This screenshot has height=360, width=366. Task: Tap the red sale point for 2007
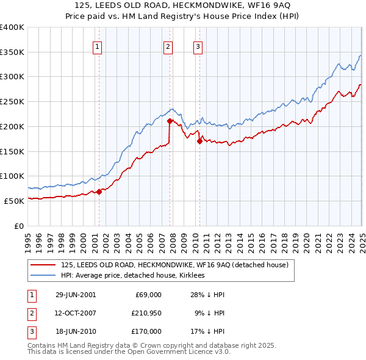click(x=170, y=121)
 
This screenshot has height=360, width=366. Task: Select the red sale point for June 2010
click(x=199, y=141)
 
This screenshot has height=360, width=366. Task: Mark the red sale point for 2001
click(x=99, y=192)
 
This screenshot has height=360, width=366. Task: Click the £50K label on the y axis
click(x=13, y=201)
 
